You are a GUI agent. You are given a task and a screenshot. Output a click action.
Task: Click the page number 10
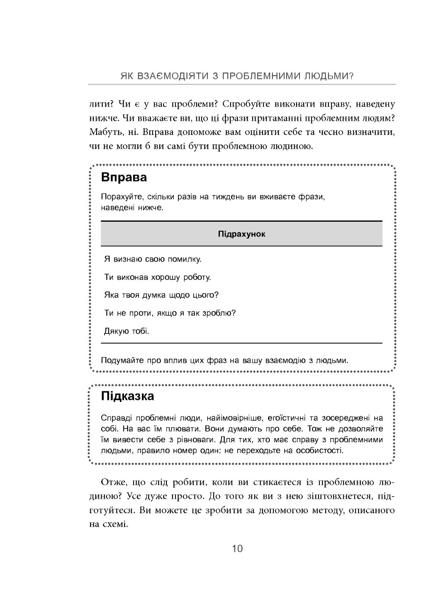[237, 549]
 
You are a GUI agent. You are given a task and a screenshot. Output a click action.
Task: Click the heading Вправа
[124, 177]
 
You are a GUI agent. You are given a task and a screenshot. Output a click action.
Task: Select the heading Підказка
[127, 396]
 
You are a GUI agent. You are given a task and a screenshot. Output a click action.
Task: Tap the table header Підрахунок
[241, 234]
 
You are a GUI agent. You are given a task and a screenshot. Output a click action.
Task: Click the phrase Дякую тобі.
[127, 331]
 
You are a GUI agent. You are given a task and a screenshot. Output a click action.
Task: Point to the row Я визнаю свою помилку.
[153, 259]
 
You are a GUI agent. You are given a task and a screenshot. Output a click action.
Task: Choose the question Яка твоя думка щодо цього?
[161, 295]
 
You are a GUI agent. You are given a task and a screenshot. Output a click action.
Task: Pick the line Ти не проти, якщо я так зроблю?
[170, 313]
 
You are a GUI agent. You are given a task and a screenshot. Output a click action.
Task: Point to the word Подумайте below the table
[121, 360]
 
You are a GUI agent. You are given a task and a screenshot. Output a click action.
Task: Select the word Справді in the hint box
[116, 418]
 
